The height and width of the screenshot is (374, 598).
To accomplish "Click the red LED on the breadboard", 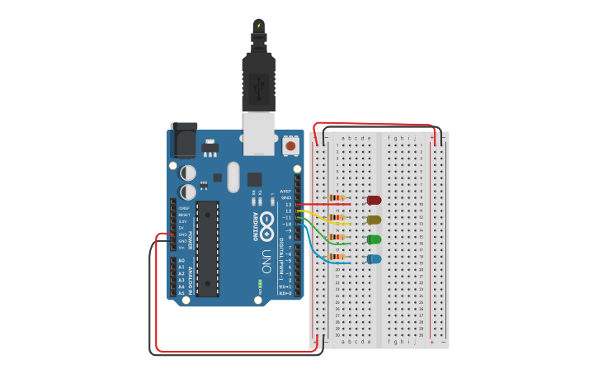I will (x=374, y=200).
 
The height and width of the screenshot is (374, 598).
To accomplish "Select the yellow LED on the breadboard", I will (x=374, y=220).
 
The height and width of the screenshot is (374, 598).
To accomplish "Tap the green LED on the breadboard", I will (x=374, y=239).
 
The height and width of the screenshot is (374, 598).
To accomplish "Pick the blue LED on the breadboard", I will (x=374, y=259).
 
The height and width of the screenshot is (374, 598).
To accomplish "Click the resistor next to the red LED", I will (x=337, y=197).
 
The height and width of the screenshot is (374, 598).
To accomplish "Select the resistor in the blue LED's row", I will (x=337, y=257).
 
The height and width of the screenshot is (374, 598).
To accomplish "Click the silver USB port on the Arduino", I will (x=258, y=134).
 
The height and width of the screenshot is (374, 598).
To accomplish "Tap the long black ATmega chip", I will (x=207, y=248).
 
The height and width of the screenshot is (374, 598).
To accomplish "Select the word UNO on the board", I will (x=266, y=255).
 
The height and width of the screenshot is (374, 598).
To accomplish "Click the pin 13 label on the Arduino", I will (x=288, y=205).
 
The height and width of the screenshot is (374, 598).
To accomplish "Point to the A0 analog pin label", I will (x=181, y=261).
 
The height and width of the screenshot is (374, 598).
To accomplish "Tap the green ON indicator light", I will (x=260, y=283).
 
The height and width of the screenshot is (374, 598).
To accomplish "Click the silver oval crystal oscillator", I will (x=233, y=177).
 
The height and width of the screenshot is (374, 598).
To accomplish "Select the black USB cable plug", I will (x=258, y=83).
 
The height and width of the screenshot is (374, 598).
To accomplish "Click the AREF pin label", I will (x=286, y=192).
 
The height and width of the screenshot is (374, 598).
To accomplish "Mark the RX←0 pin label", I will (x=285, y=293).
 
